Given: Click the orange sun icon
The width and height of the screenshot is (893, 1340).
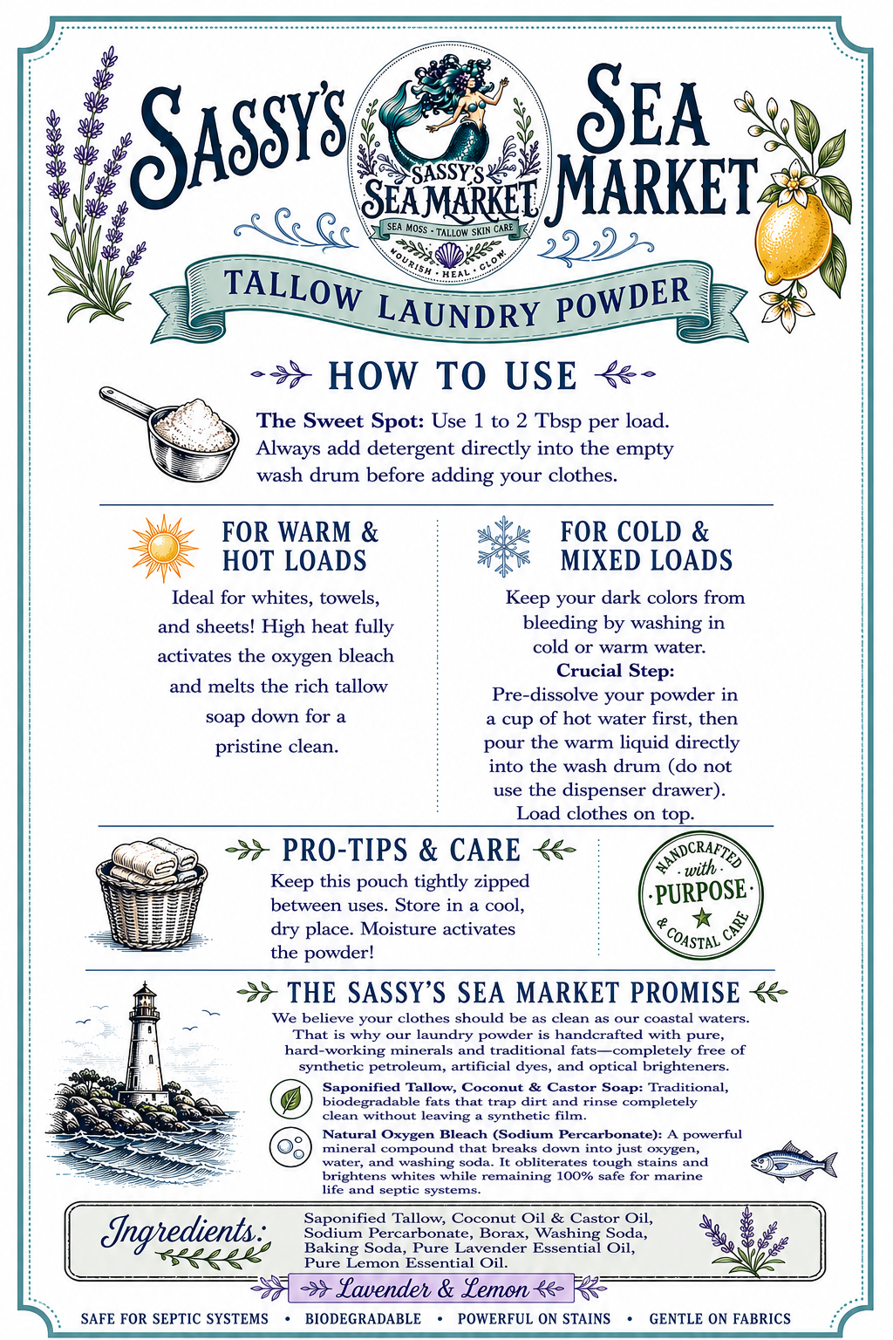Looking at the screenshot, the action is [163, 547].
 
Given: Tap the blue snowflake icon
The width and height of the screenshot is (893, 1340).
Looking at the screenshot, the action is [504, 546].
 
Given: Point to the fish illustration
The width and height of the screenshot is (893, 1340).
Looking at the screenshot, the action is [793, 1162].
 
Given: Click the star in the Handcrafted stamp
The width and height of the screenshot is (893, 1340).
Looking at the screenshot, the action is [699, 917].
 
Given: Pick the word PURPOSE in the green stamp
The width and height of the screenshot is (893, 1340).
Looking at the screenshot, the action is [700, 891].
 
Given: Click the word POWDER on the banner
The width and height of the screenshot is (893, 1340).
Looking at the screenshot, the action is [623, 297].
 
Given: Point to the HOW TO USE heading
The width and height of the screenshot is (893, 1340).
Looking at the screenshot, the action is [453, 376].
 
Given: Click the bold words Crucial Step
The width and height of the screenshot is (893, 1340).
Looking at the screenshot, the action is [615, 671].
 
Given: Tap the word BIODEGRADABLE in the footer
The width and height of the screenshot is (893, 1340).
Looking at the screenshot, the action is [363, 1318].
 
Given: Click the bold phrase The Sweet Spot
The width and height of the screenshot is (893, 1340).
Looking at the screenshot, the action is [340, 420].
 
